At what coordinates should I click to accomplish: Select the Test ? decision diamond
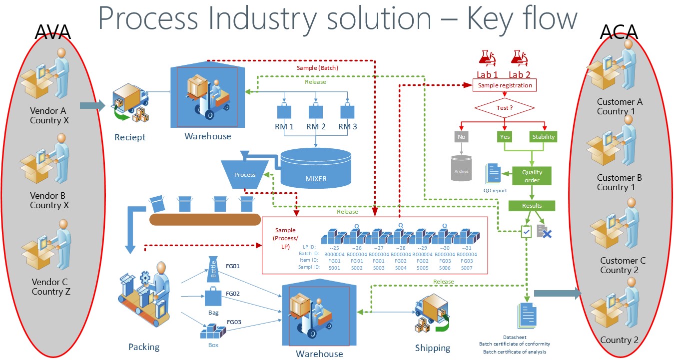pos(505,107)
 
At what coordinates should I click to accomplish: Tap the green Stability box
pos(544,136)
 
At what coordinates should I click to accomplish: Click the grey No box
pos(462,136)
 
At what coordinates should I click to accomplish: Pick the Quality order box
pos(532,176)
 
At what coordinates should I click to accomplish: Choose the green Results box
pos(532,205)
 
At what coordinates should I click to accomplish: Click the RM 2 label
pos(316,127)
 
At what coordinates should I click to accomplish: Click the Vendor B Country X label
pos(49,200)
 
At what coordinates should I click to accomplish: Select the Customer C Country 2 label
pos(623,265)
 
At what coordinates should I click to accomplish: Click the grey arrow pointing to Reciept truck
pos(92,105)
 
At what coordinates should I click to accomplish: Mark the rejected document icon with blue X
pos(544,231)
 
